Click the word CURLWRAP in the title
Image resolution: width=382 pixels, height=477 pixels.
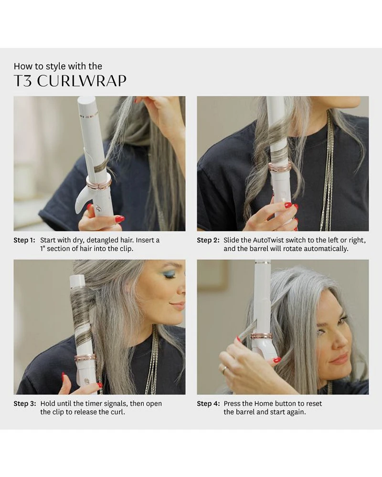[x=81, y=81]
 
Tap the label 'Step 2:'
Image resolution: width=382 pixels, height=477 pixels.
[x=208, y=240]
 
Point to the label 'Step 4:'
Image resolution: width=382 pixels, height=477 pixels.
[x=208, y=404]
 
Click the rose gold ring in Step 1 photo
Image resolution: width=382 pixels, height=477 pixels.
[x=99, y=183]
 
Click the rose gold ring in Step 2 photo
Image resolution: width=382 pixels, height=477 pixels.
[x=280, y=166]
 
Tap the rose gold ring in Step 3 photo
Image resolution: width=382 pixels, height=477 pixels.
[x=85, y=358]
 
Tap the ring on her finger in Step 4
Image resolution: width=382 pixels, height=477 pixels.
[x=223, y=369]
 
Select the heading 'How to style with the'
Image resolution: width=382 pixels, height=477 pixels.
[x=58, y=66]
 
